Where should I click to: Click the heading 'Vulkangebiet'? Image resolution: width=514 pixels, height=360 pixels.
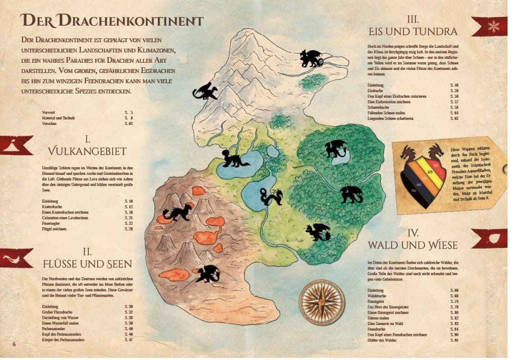88,151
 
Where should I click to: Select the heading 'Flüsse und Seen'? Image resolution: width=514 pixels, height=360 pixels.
87,263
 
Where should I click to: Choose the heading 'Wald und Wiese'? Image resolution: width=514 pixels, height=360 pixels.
412,245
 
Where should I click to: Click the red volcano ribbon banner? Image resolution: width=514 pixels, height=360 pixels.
15,145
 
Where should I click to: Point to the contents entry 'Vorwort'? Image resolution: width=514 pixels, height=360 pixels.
49,112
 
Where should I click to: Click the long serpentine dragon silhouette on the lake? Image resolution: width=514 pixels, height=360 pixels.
271,196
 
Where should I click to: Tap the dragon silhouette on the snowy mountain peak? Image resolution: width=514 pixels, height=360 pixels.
311,58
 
